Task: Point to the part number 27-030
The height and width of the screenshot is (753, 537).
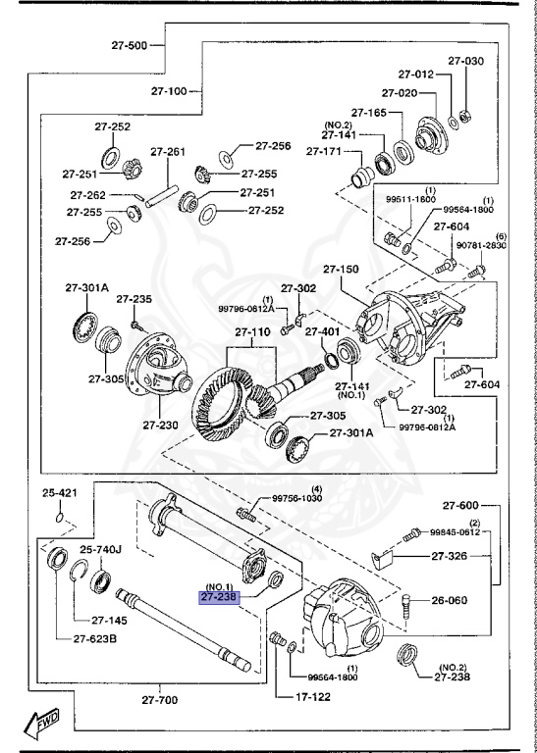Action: (466, 61)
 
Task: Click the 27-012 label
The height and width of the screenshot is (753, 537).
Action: (415, 74)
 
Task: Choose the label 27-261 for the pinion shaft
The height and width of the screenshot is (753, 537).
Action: (167, 152)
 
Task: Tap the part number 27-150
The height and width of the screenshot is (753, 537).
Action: (342, 269)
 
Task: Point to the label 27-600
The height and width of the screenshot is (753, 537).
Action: (460, 505)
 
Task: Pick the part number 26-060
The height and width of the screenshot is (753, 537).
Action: (451, 602)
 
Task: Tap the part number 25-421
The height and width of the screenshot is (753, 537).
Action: (60, 492)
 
